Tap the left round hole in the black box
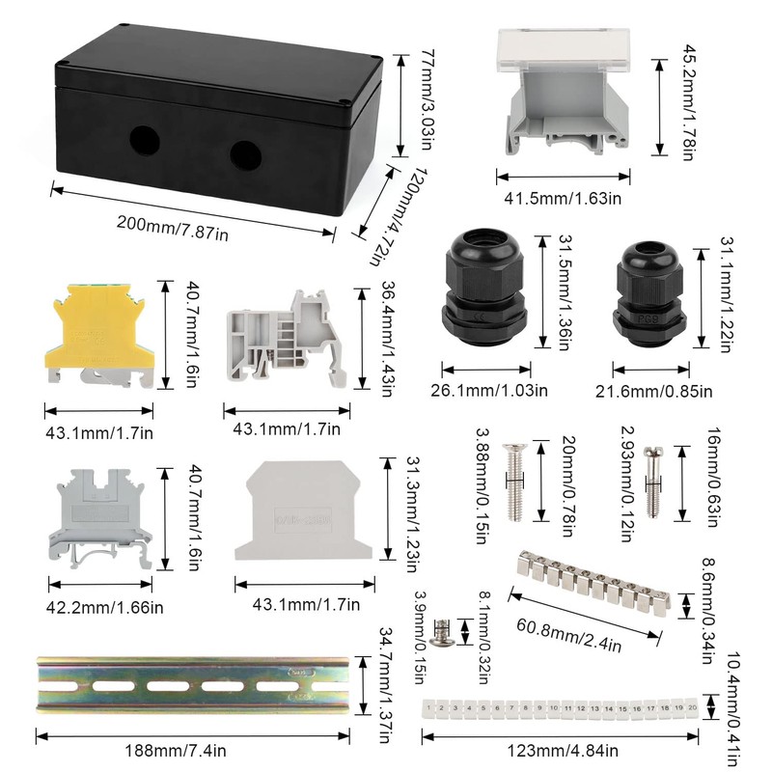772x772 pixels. tap(145, 141)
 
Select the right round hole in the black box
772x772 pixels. tap(245, 155)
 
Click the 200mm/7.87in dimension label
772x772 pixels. tap(173, 228)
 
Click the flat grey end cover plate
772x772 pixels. tap(303, 510)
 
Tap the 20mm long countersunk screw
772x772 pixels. tap(514, 482)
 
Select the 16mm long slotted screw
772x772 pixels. tap(653, 482)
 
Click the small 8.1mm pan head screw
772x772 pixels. tap(440, 633)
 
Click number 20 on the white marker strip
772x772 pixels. tap(692, 707)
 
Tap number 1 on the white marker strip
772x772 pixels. tap(428, 708)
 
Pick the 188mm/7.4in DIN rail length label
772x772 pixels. tap(176, 751)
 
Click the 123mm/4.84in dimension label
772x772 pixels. tap(563, 751)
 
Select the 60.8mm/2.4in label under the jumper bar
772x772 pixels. tap(568, 635)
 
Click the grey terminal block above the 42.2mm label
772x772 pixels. tap(100, 519)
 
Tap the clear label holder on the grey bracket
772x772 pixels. tap(564, 51)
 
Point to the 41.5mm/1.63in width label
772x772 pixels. tap(563, 199)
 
